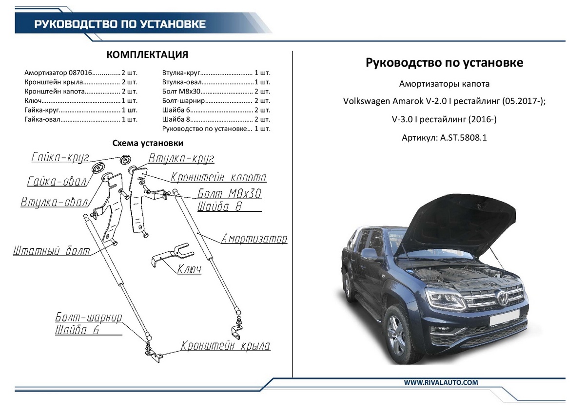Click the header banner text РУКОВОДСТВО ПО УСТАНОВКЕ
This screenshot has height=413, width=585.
click(119, 24)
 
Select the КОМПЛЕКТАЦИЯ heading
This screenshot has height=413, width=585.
click(147, 55)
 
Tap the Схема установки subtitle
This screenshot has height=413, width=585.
click(148, 143)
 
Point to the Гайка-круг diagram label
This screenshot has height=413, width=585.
click(59, 157)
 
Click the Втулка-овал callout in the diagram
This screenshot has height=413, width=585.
click(54, 202)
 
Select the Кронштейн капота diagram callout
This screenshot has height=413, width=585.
click(218, 177)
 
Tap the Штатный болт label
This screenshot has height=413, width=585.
click(52, 252)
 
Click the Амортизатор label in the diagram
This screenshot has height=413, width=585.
click(254, 239)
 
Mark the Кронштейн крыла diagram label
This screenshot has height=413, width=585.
click(226, 346)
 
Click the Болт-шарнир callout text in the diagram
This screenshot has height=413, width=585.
click(88, 318)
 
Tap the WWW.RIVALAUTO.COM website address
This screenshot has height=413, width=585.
click(441, 383)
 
